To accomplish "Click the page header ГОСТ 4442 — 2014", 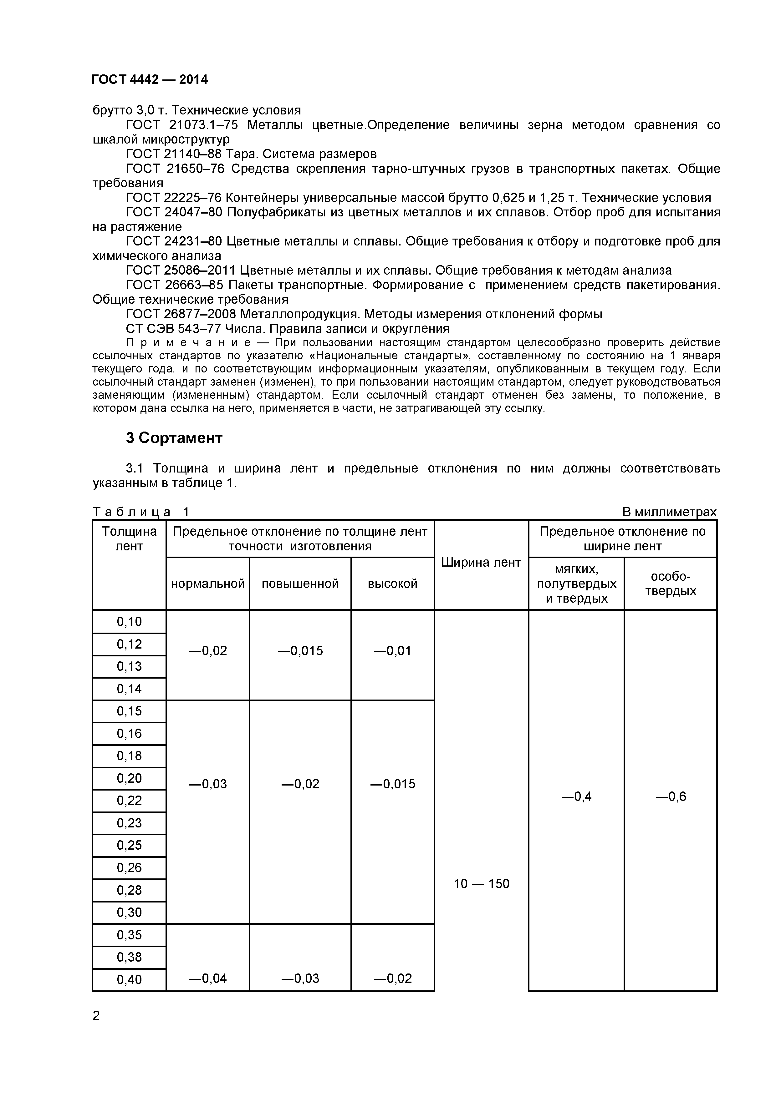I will tap(150, 80).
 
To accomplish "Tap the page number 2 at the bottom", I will tap(96, 1016).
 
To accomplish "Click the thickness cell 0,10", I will tap(129, 622).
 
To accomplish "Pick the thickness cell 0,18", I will tap(129, 756).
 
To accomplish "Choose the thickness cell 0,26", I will tap(129, 868).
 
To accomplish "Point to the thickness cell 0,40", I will tap(129, 979).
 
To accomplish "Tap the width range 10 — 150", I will tap(481, 883).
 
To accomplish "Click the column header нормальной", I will tap(207, 584).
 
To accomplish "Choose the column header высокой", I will tap(393, 584).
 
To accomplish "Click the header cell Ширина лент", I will tap(481, 562).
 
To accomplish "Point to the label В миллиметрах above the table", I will tap(669, 512).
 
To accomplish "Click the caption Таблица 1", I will tap(141, 512).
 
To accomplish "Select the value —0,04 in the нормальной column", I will tap(207, 978).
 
